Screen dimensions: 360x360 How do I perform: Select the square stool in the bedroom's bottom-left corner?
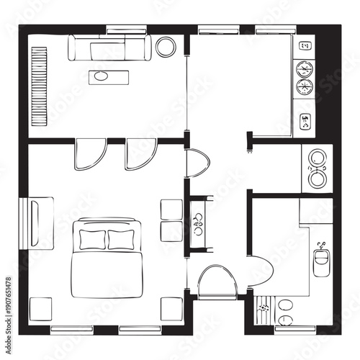[40, 307]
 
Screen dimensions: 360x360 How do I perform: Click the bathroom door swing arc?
[264, 272]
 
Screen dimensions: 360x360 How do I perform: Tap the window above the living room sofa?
[126, 30]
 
